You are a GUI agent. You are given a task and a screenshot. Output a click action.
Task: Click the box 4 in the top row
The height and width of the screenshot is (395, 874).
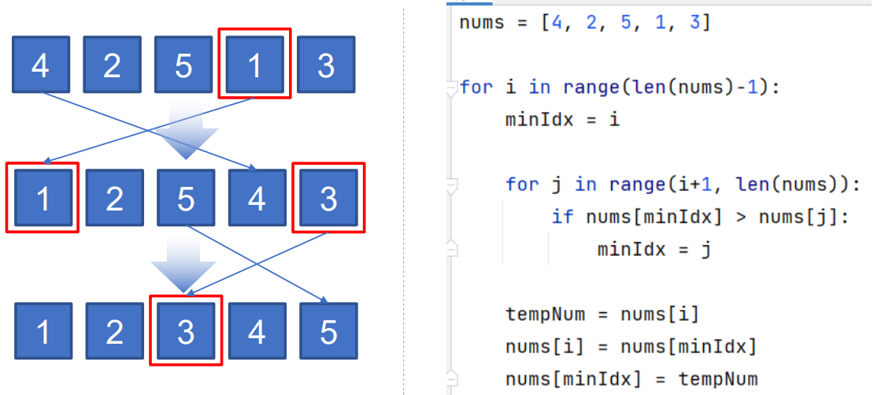[x=40, y=65]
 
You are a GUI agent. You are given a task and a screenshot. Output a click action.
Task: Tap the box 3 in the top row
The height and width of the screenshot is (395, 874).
[x=326, y=65]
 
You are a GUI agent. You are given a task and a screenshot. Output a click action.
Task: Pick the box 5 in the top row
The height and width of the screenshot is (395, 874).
[x=183, y=65]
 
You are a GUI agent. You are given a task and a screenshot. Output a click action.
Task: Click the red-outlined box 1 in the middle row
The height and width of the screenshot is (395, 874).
[x=43, y=198]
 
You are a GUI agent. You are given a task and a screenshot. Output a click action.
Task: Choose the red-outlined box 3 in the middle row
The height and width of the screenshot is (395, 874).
[x=328, y=198]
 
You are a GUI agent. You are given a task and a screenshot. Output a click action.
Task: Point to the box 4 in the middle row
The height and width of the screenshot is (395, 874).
[x=257, y=198]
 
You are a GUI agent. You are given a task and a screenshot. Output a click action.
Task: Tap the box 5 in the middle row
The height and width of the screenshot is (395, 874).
[x=186, y=198]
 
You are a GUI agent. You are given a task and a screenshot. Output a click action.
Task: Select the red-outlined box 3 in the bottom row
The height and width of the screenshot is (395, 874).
[x=186, y=331]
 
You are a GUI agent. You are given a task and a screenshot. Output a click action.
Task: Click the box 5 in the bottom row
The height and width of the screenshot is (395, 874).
[x=328, y=331]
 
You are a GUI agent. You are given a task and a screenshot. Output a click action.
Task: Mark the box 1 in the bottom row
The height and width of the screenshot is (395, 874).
[x=43, y=331]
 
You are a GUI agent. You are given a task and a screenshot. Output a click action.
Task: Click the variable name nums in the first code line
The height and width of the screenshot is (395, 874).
[x=482, y=23]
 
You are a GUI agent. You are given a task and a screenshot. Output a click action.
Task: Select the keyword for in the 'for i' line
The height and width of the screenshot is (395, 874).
[x=476, y=87]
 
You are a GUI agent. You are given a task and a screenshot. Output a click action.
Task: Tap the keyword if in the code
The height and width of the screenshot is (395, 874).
[x=563, y=216]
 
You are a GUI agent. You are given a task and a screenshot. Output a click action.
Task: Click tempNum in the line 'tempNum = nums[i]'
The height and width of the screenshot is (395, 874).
[x=545, y=315]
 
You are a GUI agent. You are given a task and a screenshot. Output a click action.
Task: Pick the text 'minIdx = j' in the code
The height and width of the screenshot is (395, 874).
[x=654, y=249]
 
